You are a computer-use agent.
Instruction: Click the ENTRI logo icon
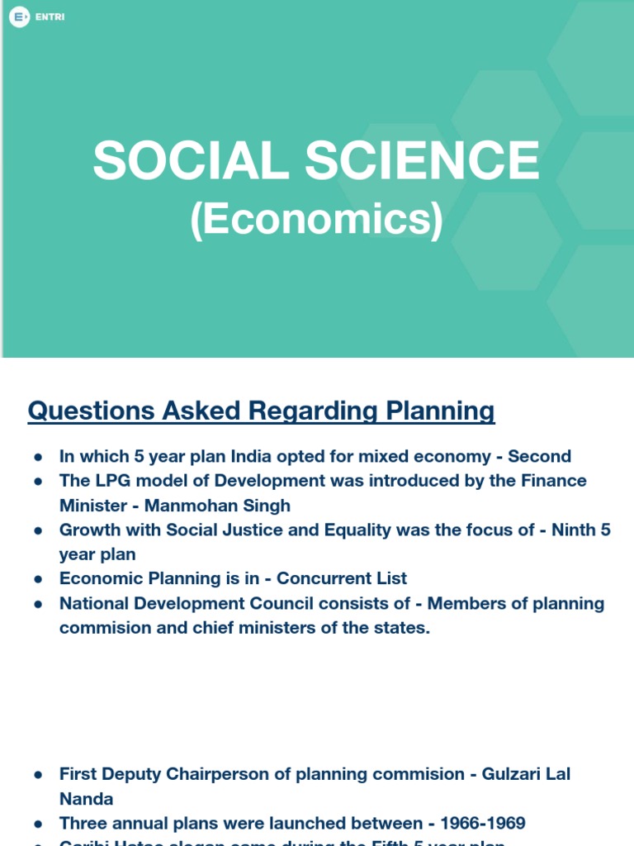tap(18, 16)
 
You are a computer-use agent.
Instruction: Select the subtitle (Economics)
tap(316, 219)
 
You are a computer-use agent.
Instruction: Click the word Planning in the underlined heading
tap(437, 411)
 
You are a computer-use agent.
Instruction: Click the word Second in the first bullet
tap(539, 456)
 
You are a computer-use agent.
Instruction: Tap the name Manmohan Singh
tap(216, 505)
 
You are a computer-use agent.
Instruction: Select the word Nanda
tap(87, 799)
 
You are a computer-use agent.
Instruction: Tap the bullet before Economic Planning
tap(38, 579)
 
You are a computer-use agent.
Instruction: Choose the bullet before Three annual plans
tap(38, 824)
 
